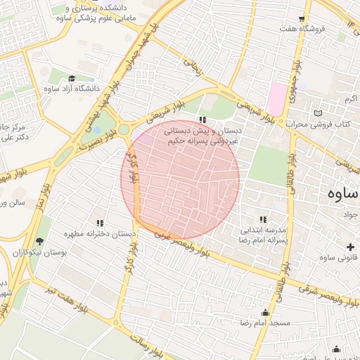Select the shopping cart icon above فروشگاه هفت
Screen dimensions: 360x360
click(x=302, y=19)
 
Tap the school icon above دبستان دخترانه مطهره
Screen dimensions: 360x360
click(x=99, y=222)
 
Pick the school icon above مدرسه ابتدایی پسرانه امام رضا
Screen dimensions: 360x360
click(x=264, y=219)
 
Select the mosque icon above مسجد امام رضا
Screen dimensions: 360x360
click(x=264, y=312)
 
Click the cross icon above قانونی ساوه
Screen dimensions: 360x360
click(x=349, y=246)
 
